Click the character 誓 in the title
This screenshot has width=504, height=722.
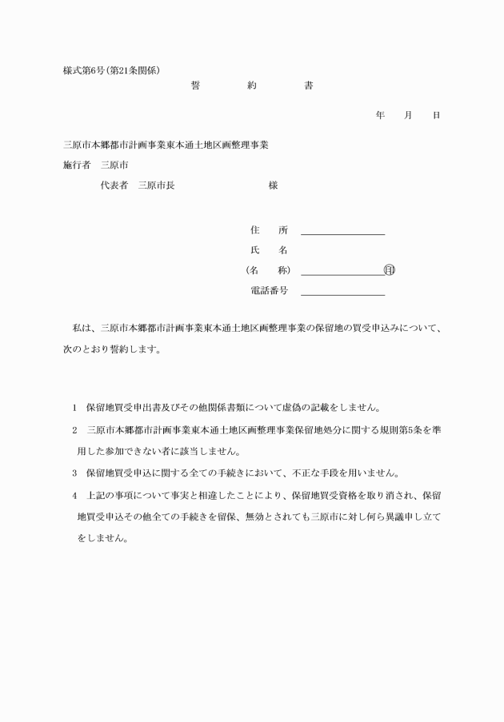[195, 86]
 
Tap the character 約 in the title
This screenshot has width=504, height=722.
[252, 86]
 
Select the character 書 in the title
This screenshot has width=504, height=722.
[309, 86]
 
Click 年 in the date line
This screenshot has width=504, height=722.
[380, 116]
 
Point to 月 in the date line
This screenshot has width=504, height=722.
[408, 116]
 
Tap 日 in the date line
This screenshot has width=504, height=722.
[436, 116]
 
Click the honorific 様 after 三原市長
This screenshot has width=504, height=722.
[273, 185]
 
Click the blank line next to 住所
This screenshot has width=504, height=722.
[342, 233]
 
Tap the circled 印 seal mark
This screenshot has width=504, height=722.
[390, 270]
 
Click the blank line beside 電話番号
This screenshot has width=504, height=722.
[342, 294]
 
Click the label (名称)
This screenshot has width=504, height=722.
[269, 270]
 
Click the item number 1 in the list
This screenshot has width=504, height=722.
[74, 406]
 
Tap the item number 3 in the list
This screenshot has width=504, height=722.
[74, 472]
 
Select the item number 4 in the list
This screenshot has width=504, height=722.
[74, 495]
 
